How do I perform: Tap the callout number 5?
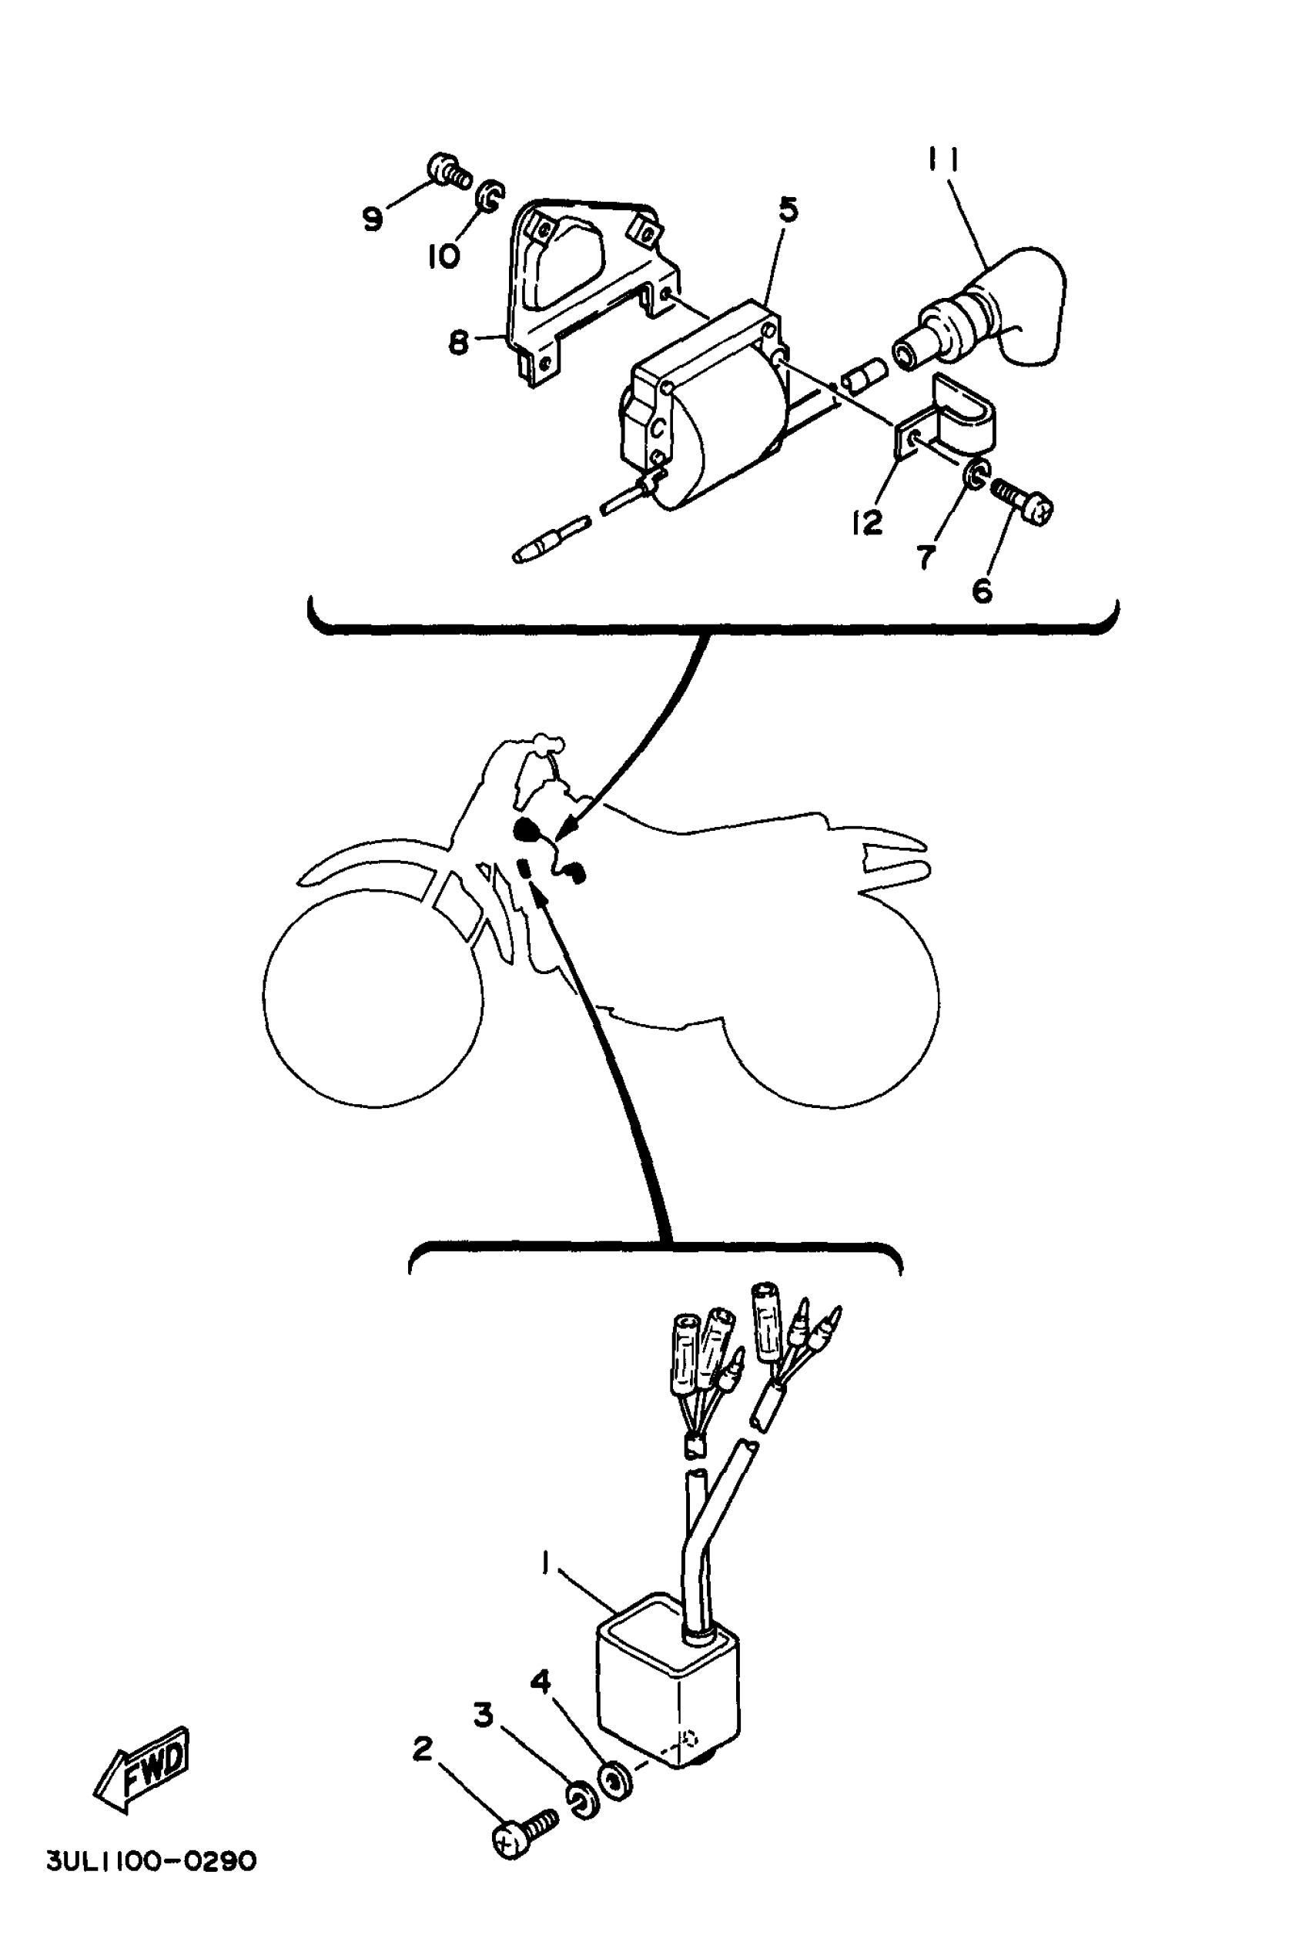click(x=788, y=209)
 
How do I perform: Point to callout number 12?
click(x=867, y=523)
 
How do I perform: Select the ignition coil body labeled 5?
click(x=708, y=408)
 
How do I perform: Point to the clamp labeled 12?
click(x=949, y=420)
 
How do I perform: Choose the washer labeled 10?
click(x=489, y=196)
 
